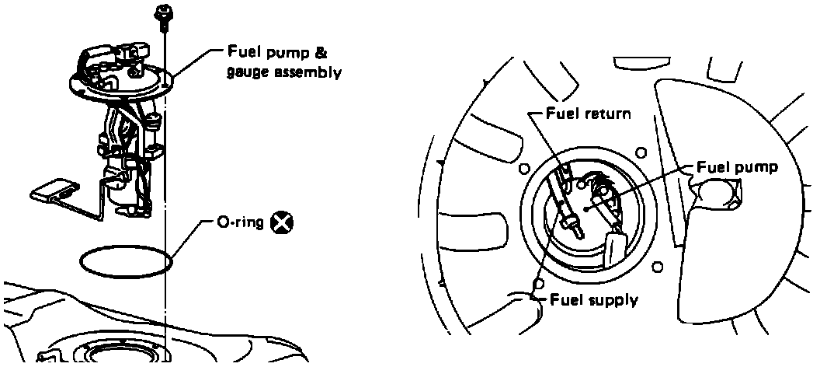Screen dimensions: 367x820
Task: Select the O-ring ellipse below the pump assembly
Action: [127, 260]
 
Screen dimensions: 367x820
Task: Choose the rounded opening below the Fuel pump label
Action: [715, 192]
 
